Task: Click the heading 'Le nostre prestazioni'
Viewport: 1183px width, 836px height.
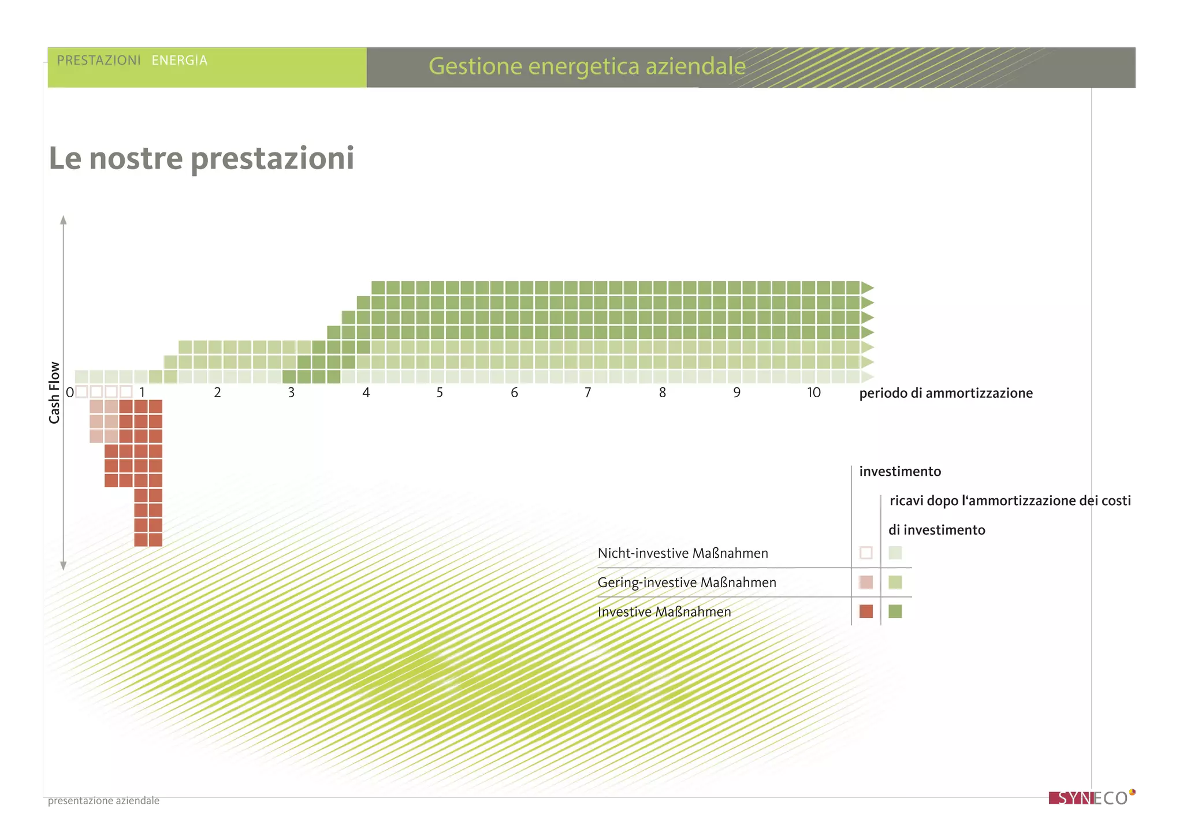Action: pos(201,158)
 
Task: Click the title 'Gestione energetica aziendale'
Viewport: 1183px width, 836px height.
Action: pos(587,66)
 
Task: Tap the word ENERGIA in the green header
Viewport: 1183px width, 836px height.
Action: pos(179,61)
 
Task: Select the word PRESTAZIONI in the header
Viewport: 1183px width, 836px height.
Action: pos(99,61)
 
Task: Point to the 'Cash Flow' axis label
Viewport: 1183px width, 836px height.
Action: pos(54,393)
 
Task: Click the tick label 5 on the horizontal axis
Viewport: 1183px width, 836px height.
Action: pos(440,393)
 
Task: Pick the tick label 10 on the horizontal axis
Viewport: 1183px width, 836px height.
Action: pos(813,393)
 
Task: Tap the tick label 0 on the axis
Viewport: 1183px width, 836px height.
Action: pos(70,393)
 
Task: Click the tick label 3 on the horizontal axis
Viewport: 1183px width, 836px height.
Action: pos(291,393)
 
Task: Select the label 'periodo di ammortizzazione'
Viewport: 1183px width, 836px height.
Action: pos(946,393)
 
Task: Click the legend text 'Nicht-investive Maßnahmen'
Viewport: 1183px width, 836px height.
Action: pos(683,553)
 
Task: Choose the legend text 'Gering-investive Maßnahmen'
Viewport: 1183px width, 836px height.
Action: pos(687,583)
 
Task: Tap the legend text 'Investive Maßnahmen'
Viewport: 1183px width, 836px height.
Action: pos(664,612)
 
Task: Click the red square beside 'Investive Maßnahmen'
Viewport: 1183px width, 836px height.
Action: pos(866,611)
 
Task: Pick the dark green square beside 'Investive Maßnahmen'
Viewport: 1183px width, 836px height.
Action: pos(895,611)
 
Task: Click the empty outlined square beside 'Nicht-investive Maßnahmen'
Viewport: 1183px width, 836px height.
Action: pos(866,553)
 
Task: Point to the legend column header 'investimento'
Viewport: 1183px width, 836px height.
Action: pos(900,472)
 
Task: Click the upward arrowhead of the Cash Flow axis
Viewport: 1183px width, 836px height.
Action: pos(64,220)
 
